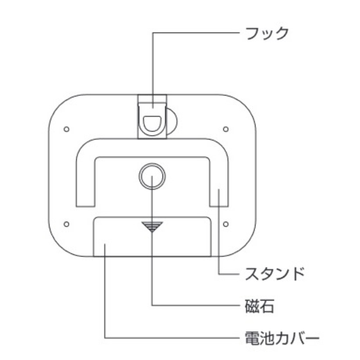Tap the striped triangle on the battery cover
coord(152,226)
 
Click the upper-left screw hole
coord(66,129)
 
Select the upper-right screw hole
coord(226,129)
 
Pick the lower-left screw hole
coord(66,224)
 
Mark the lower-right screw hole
coord(226,224)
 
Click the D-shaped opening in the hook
coord(152,123)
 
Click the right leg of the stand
coord(219,186)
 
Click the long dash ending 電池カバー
coord(312,338)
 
